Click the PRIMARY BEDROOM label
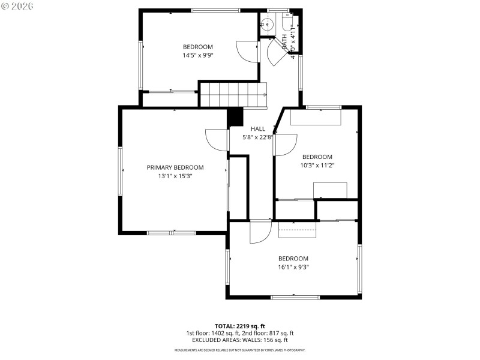(175, 167)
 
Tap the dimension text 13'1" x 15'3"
(175, 176)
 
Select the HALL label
(257, 128)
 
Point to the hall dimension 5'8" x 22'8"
(257, 137)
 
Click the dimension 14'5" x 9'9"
(198, 55)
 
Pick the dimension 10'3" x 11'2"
(317, 166)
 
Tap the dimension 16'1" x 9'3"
(293, 267)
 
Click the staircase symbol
(233, 95)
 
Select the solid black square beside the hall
(235, 117)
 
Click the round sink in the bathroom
(268, 25)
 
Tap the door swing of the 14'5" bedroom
(247, 50)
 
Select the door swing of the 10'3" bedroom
(286, 145)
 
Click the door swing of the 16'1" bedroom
(261, 232)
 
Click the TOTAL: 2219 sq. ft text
(239, 326)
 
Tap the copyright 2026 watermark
(17, 5)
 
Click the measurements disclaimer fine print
(239, 350)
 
